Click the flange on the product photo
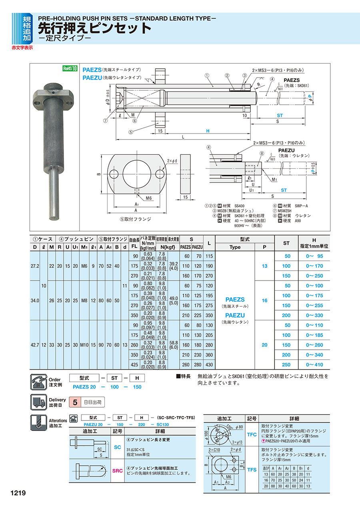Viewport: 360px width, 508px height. pyautogui.click(x=54, y=95)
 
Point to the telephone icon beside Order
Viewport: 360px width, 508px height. pyautogui.click(x=38, y=382)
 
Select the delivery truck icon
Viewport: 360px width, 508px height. pyautogui.click(x=38, y=402)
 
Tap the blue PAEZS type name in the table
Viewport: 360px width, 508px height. pyautogui.click(x=235, y=299)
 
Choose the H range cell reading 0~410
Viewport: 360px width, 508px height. pyautogui.click(x=314, y=365)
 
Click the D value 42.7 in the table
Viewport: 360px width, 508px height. pyautogui.click(x=35, y=345)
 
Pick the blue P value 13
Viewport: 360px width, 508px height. pyautogui.click(x=264, y=265)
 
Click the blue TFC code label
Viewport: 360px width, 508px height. pyautogui.click(x=252, y=434)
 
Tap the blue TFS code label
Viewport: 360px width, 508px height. pyautogui.click(x=252, y=470)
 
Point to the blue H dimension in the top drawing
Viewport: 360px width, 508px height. pyautogui.click(x=208, y=131)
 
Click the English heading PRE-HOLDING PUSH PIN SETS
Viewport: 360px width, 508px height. pyautogui.click(x=127, y=18)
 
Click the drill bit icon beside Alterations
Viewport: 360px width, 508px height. pyautogui.click(x=38, y=422)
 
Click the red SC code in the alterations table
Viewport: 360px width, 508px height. pyautogui.click(x=118, y=447)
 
